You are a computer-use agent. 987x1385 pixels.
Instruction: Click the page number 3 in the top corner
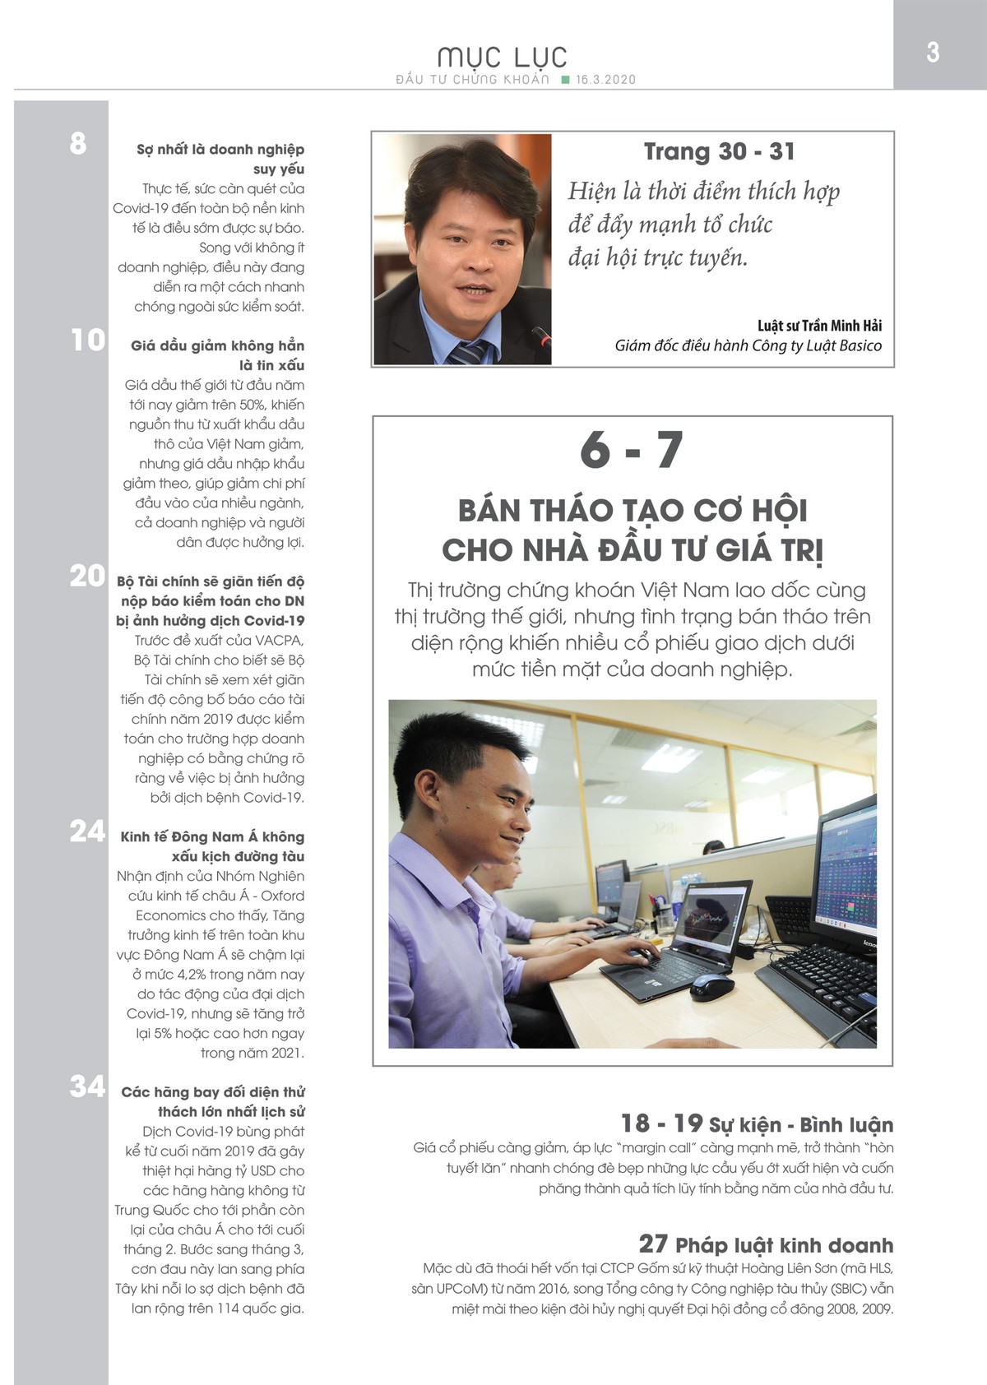coord(933,53)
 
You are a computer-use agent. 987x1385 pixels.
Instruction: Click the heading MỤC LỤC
coord(503,57)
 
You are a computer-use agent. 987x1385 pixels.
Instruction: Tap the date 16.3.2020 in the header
coord(606,80)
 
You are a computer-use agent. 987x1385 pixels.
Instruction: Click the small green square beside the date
coord(565,80)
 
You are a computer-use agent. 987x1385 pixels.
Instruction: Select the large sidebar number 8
coord(78,144)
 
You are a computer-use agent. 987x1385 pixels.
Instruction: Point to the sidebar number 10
coord(88,340)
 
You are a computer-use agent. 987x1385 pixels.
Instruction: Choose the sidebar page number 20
coord(87,577)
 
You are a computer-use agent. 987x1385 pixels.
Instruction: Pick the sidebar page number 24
coord(87,831)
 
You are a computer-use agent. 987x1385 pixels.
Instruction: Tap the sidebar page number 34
coord(87,1087)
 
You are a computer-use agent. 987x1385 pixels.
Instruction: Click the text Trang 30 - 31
coord(720,151)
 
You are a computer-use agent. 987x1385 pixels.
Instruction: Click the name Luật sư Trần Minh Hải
coord(819,326)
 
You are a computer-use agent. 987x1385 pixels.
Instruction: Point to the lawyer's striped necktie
coord(469,353)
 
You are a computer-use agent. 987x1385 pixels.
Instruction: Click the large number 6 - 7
coord(632,451)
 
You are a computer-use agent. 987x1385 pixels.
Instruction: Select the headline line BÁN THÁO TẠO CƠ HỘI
coord(633,511)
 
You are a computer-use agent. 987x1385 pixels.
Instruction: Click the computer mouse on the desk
coord(711,984)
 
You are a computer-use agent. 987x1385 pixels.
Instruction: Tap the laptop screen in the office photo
coord(711,915)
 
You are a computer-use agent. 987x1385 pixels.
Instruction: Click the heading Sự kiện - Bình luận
coord(800,1124)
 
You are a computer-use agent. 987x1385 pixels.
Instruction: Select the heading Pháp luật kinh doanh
coord(784,1245)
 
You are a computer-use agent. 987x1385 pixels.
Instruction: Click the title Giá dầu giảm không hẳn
coord(217,345)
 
